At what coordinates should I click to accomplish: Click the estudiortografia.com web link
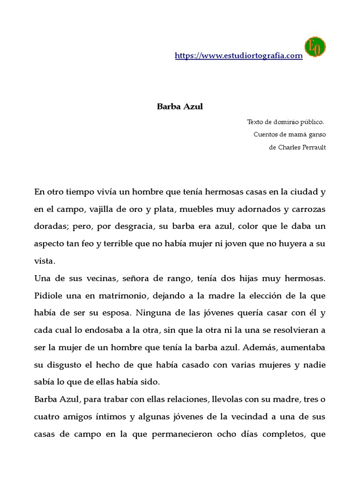[239, 56]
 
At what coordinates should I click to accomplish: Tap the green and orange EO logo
[315, 47]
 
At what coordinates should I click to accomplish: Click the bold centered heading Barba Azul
[180, 106]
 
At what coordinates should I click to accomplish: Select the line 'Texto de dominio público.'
[285, 122]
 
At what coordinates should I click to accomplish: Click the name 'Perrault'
[309, 147]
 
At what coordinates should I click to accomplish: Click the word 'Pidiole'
[49, 296]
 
